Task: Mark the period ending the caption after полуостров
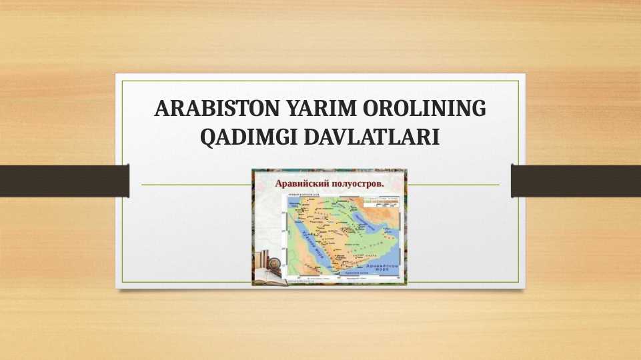pos(383,184)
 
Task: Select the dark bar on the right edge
pos(576,181)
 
